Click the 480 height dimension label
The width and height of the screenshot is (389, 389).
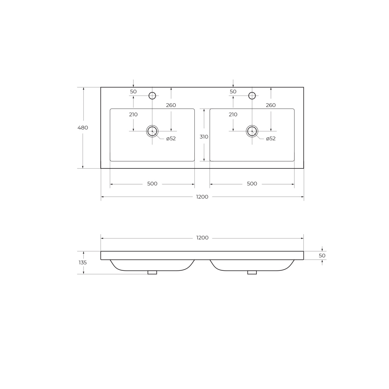pos(83,127)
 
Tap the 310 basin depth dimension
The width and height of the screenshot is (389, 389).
pos(204,137)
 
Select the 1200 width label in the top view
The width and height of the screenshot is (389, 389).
pos(202,197)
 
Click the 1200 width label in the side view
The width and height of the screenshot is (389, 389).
pos(202,238)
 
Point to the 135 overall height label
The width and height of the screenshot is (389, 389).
pos(83,263)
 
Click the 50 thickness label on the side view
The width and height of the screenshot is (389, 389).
pos(322,256)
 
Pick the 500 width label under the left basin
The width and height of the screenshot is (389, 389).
pos(152,184)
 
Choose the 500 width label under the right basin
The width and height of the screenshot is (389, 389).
pos(252,184)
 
